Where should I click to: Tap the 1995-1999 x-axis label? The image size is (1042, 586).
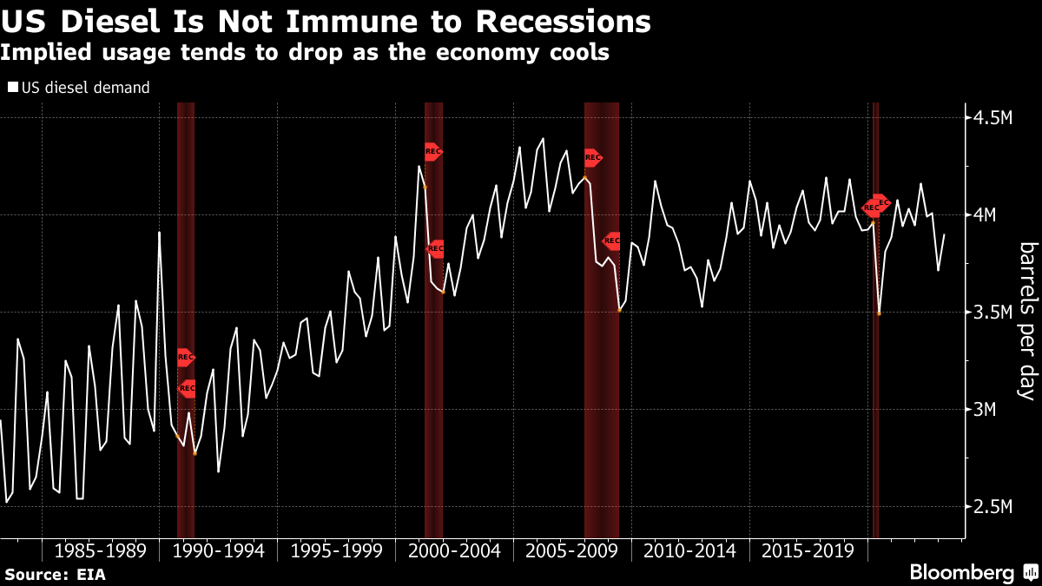pos(334,551)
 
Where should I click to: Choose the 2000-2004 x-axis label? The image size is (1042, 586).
pos(453,551)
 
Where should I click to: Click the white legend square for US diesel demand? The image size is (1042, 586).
pos(12,88)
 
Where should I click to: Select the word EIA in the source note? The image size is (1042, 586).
pos(90,575)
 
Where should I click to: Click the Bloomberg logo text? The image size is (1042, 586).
pos(961,573)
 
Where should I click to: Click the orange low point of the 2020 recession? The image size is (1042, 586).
pos(879,313)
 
